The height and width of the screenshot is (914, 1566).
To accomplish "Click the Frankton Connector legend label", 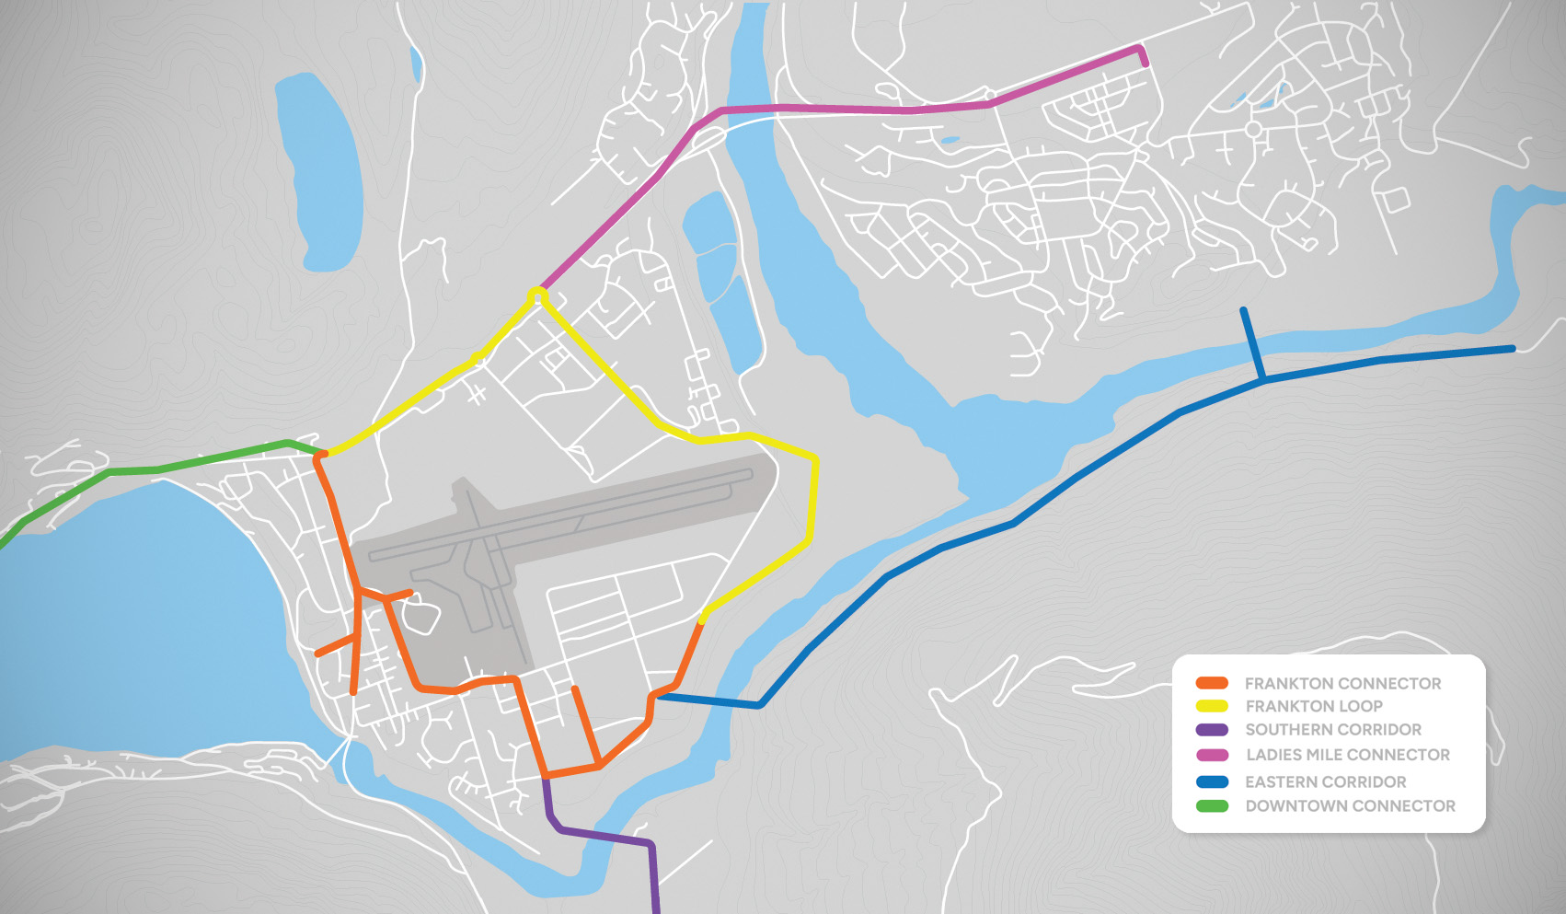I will pyautogui.click(x=1342, y=683).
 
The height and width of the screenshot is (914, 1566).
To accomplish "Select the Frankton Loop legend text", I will pyautogui.click(x=1314, y=706).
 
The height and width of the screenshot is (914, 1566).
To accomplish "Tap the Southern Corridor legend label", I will pyautogui.click(x=1333, y=729).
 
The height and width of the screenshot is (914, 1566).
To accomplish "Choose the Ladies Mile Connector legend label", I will pyautogui.click(x=1348, y=755).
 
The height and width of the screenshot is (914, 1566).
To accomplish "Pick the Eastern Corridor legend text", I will pyautogui.click(x=1326, y=781).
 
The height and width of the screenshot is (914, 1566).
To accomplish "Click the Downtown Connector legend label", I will pyautogui.click(x=1351, y=805).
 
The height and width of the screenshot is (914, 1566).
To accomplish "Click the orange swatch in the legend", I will pyautogui.click(x=1212, y=683).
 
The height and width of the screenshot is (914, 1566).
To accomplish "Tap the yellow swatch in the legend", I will pyautogui.click(x=1212, y=706).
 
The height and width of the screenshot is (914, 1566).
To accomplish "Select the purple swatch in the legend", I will pyautogui.click(x=1212, y=730).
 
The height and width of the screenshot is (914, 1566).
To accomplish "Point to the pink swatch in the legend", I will pyautogui.click(x=1212, y=755).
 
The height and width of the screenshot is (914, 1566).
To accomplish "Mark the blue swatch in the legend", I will pyautogui.click(x=1212, y=781).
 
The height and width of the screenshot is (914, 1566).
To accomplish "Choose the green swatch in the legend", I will pyautogui.click(x=1212, y=806).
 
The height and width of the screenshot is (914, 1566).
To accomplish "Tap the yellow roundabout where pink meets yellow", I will pyautogui.click(x=536, y=295).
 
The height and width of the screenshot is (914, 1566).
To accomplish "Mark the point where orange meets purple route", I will pyautogui.click(x=547, y=779).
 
